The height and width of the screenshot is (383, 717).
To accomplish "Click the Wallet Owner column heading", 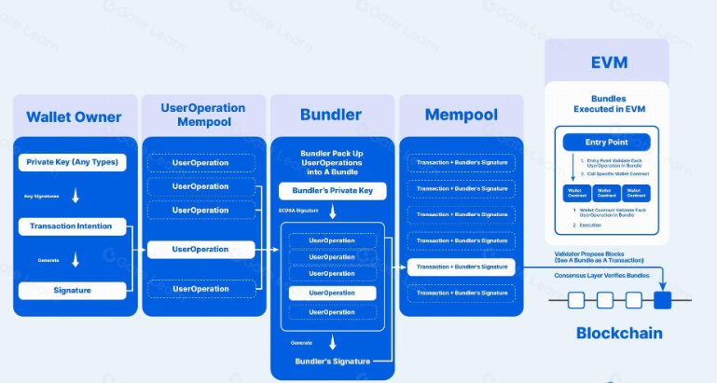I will (74, 116).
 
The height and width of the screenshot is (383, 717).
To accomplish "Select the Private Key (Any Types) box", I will (72, 162).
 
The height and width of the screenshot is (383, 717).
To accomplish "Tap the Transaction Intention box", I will (72, 226).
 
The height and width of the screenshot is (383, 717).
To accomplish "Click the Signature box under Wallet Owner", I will (72, 290).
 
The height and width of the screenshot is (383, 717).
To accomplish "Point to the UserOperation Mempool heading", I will (202, 114).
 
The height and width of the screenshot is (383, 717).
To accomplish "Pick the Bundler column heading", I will (331, 116).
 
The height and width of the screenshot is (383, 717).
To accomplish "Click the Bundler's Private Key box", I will (332, 191).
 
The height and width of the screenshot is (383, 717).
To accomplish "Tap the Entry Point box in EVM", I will (606, 142).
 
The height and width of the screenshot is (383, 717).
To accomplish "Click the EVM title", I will (608, 62).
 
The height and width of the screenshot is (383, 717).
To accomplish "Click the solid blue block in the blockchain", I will (662, 300).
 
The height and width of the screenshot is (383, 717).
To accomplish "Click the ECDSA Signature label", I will (298, 212).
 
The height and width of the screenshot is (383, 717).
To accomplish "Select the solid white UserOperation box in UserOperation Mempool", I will (200, 249).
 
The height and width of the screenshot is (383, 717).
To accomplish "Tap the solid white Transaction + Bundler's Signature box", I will (461, 267).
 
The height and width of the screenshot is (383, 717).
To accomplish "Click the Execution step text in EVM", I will (591, 225).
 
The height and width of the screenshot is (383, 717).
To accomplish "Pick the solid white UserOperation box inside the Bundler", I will (332, 292).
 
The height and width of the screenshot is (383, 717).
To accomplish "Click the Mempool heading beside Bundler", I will (461, 116).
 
